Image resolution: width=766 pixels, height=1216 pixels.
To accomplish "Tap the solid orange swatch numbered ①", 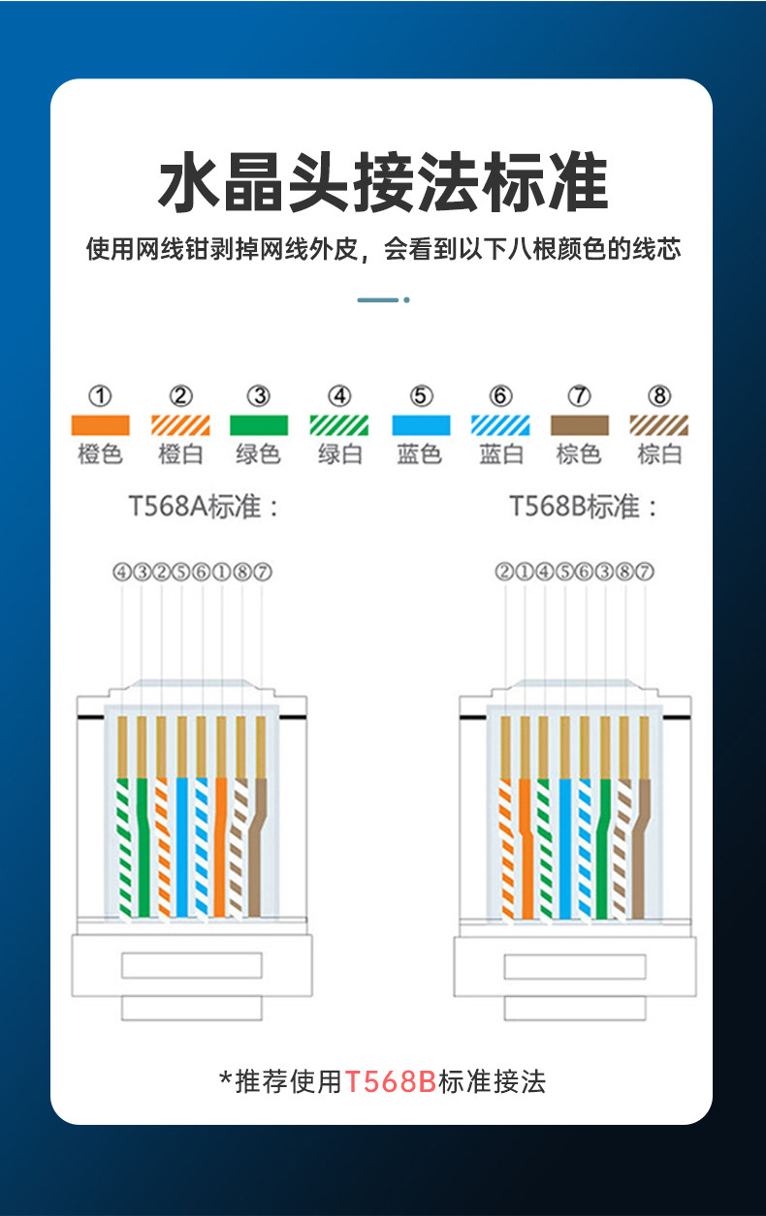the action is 100,424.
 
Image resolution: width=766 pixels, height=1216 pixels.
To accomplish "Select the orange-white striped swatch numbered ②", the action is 180,424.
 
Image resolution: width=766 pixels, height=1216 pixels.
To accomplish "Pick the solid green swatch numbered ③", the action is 259,424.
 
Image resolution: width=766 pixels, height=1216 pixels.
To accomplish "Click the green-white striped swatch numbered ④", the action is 338,424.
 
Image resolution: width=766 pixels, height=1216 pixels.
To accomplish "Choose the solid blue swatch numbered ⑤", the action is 420,424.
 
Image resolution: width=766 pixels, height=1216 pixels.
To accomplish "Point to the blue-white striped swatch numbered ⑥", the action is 500,424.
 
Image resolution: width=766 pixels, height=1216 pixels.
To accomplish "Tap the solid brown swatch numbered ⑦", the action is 580,424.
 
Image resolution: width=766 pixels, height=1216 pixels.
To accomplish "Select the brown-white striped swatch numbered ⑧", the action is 659,424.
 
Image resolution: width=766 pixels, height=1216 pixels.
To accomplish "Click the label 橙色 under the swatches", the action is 100,453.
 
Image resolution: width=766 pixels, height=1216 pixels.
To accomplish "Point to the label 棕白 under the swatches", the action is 659,453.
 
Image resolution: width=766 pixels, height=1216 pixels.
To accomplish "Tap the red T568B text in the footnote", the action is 391,1081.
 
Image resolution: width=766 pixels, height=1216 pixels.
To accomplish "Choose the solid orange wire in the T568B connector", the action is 527,853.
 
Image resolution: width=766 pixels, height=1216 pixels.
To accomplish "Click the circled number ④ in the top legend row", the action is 338,395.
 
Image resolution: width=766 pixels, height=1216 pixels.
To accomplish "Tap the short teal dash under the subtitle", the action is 378,299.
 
